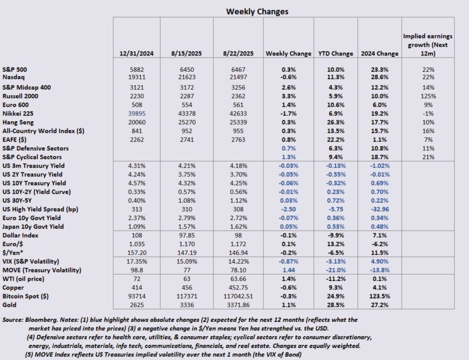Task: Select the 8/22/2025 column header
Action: click(238, 53)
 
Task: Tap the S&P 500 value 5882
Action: click(137, 69)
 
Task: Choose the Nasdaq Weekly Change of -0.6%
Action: click(288, 78)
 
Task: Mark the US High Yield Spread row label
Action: click(41, 209)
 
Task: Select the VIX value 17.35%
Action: click(137, 260)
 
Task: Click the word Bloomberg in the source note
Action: click(47, 320)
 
